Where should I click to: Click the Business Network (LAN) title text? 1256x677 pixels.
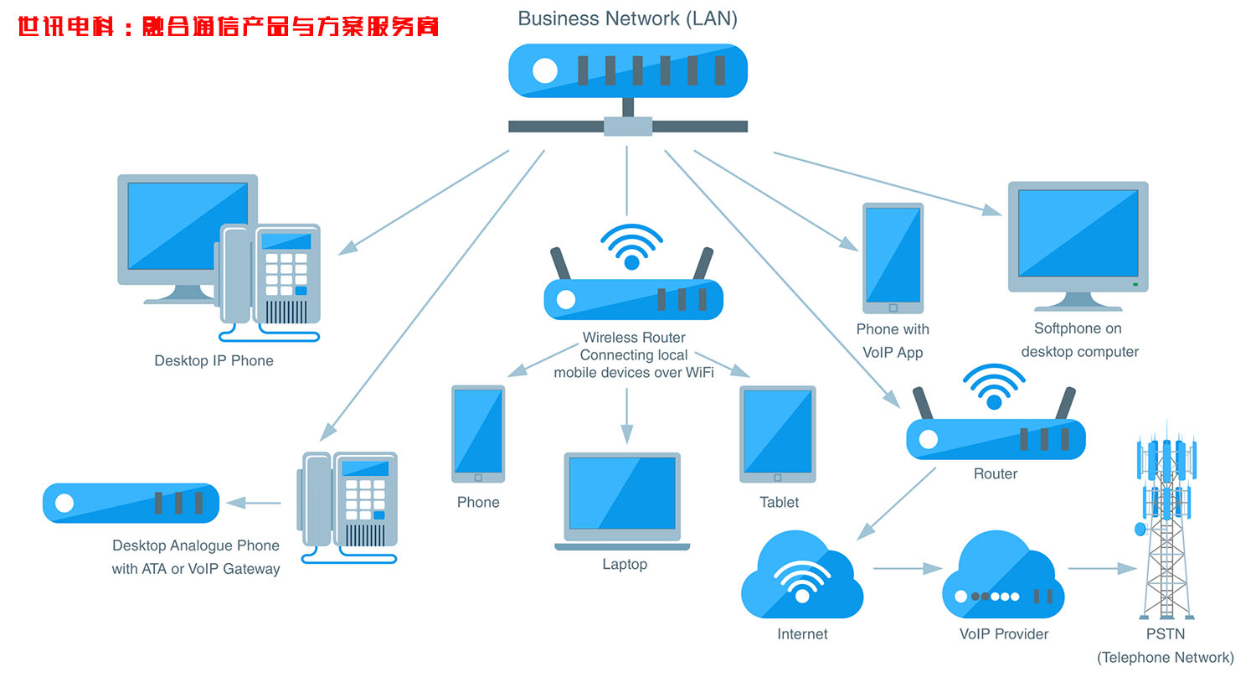(x=627, y=18)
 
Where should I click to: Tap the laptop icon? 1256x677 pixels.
(x=622, y=500)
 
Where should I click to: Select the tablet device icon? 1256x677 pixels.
(x=777, y=434)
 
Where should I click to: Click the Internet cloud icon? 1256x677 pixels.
(x=801, y=576)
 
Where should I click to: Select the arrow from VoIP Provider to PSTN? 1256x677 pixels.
(x=1102, y=568)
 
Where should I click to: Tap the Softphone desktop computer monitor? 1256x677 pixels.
(x=1078, y=239)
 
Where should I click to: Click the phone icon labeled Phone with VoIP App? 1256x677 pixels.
(x=893, y=257)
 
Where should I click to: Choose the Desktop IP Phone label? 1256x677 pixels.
(x=214, y=361)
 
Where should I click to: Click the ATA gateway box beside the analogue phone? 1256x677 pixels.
(x=131, y=503)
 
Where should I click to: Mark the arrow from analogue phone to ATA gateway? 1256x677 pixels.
(x=254, y=503)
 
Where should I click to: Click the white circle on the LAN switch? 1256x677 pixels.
(x=545, y=71)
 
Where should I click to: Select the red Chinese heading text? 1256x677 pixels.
(x=228, y=28)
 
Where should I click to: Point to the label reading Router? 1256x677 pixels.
(x=995, y=474)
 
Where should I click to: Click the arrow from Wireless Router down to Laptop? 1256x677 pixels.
(x=626, y=416)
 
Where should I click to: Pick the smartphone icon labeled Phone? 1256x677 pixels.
(x=478, y=434)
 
